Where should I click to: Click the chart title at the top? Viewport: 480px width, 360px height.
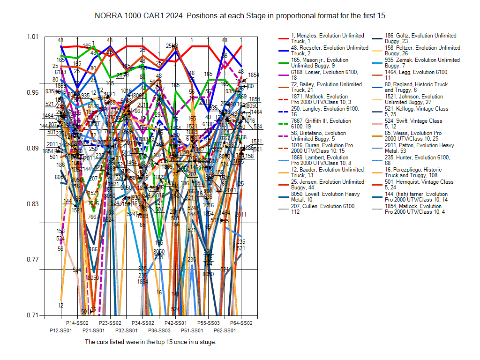(x=240, y=15)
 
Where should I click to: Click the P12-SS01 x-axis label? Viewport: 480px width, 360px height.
(x=61, y=330)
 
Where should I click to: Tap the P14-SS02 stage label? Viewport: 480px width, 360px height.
(x=77, y=323)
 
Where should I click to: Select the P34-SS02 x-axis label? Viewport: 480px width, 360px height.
(x=143, y=323)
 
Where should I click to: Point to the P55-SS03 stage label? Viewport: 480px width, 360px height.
(x=209, y=323)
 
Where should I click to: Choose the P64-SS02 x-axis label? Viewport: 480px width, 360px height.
(x=241, y=323)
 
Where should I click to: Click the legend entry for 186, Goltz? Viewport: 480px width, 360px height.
(x=417, y=38)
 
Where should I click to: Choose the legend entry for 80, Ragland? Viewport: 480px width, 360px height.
(x=417, y=87)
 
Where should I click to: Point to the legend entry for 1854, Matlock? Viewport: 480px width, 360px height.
(x=417, y=209)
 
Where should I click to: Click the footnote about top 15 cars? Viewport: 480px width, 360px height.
(x=150, y=342)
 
